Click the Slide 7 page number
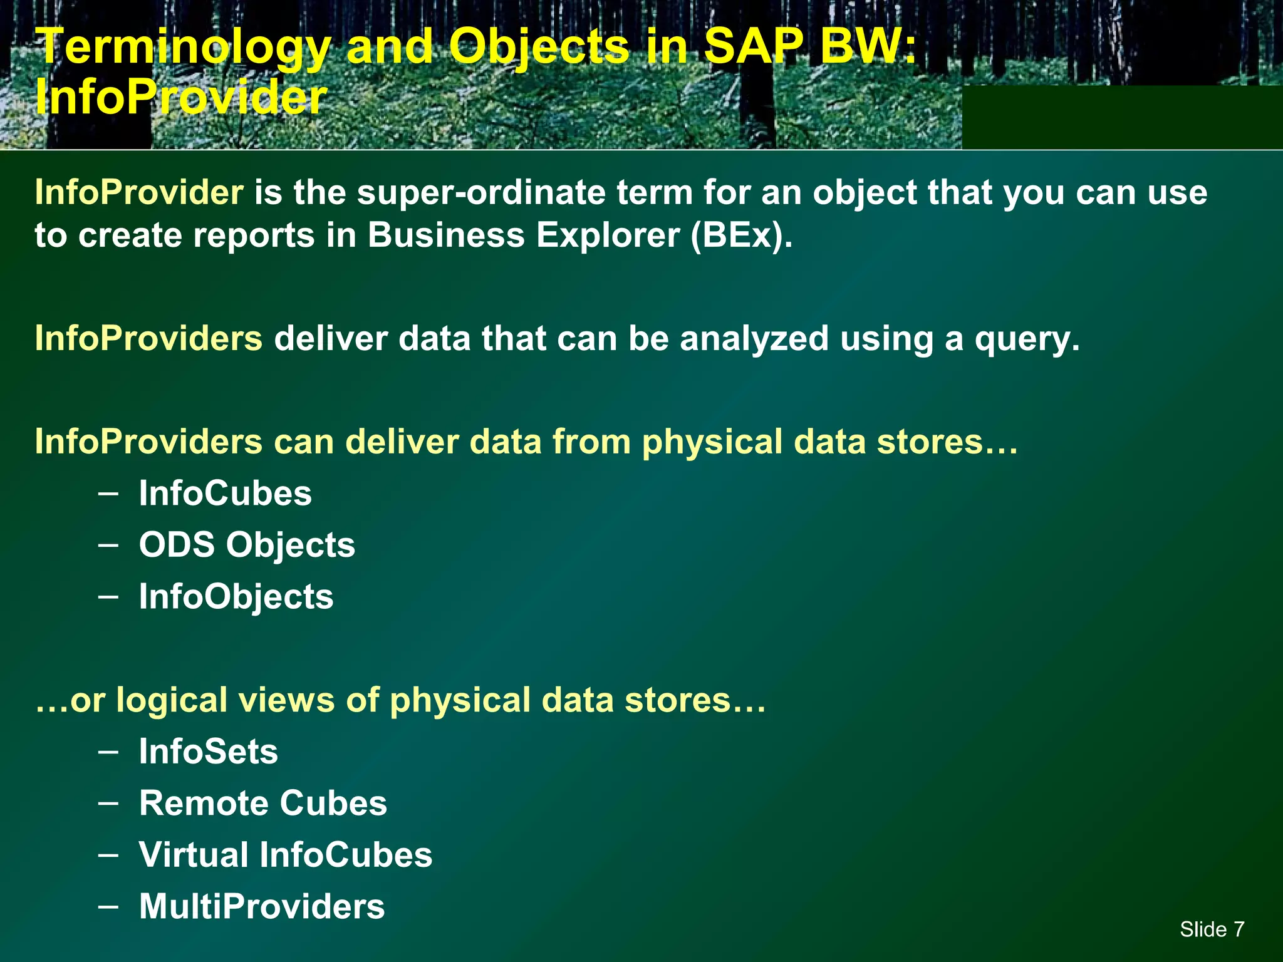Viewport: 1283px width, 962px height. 1212,929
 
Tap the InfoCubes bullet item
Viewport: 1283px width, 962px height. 225,493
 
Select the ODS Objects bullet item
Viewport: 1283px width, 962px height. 247,544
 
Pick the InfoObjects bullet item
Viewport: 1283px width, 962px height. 236,596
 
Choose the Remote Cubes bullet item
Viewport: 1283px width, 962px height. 263,803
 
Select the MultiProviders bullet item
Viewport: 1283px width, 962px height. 262,906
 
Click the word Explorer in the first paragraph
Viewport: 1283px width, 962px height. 607,235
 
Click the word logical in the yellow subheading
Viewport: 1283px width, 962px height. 171,700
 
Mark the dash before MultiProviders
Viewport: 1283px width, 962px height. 108,905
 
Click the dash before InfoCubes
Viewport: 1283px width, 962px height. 108,492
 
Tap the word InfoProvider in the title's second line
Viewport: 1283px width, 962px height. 181,98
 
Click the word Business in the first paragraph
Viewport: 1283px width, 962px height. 445,235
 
